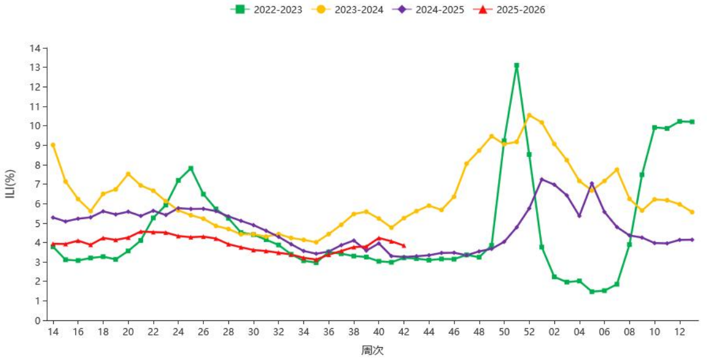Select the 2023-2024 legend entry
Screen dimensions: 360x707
(x=347, y=9)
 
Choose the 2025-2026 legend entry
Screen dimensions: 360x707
(x=509, y=9)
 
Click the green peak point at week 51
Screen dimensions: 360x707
(x=517, y=65)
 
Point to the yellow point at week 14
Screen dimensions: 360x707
(x=53, y=145)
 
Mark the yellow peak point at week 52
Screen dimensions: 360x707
(x=529, y=115)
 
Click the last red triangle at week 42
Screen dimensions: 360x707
(x=404, y=245)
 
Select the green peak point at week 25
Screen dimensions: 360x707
(x=191, y=168)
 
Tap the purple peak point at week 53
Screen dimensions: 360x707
(x=542, y=179)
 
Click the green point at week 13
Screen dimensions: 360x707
(x=692, y=121)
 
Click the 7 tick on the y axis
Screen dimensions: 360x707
(x=38, y=184)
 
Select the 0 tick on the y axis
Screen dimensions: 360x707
(x=38, y=320)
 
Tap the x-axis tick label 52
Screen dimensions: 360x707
(x=529, y=332)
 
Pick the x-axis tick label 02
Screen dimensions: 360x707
(x=554, y=332)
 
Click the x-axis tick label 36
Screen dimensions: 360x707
(x=328, y=332)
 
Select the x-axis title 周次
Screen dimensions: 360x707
(x=372, y=350)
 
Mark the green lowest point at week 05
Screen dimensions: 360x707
(x=592, y=292)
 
